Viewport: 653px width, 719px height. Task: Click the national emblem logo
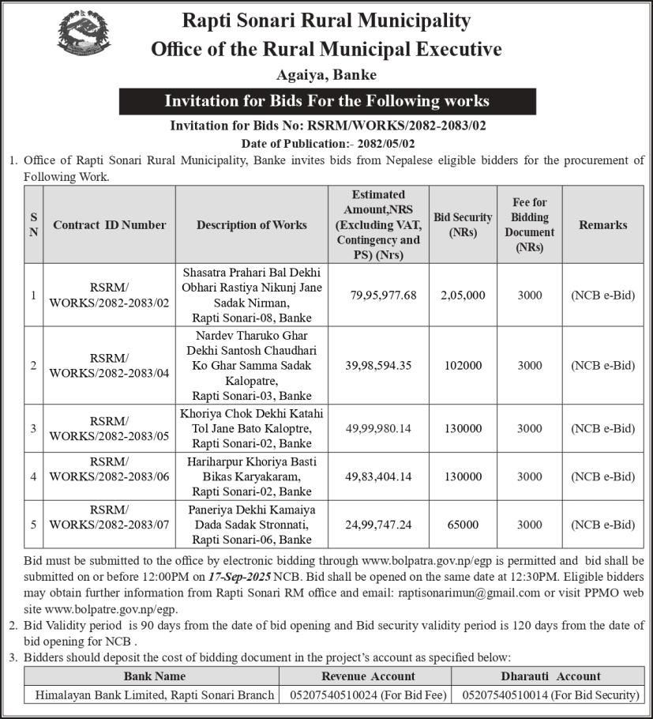pyautogui.click(x=84, y=37)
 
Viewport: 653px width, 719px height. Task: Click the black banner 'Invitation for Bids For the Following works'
pyautogui.click(x=327, y=101)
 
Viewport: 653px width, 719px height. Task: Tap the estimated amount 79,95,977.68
pyautogui.click(x=383, y=296)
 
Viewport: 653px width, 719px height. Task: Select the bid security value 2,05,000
pyautogui.click(x=463, y=296)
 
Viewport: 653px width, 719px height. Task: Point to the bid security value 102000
pyautogui.click(x=463, y=366)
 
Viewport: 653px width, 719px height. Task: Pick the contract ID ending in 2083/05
pyautogui.click(x=110, y=429)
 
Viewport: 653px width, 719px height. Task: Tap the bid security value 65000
pyautogui.click(x=463, y=525)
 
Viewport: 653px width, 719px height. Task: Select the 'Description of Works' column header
pyautogui.click(x=252, y=225)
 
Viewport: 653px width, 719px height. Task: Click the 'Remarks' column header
pyautogui.click(x=602, y=225)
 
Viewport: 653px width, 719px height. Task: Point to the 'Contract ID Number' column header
pyautogui.click(x=110, y=225)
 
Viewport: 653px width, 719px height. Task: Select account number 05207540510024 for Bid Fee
pyautogui.click(x=368, y=695)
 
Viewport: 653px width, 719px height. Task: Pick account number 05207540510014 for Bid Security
pyautogui.click(x=550, y=695)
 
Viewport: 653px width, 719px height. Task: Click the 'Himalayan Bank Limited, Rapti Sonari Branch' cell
pyautogui.click(x=149, y=695)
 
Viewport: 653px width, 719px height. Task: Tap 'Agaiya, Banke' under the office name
pyautogui.click(x=326, y=76)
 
